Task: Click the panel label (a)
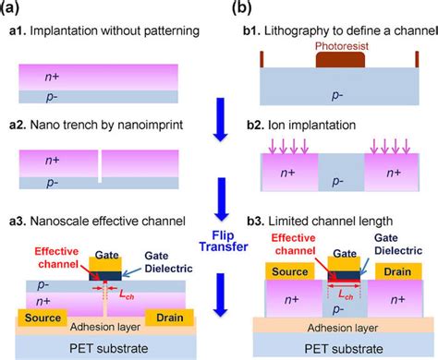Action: pyautogui.click(x=18, y=9)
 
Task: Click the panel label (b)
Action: pyautogui.click(x=238, y=9)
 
